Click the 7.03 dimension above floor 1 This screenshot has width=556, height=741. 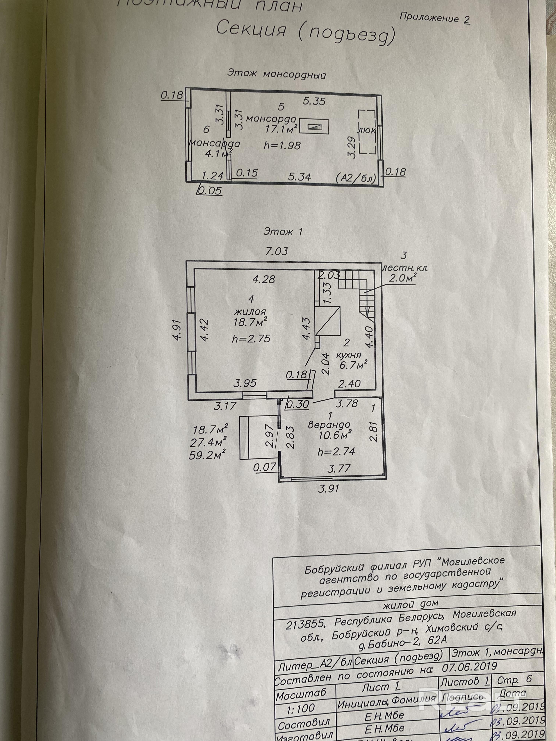pyautogui.click(x=277, y=251)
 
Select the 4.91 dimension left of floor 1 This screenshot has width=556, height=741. pyautogui.click(x=178, y=330)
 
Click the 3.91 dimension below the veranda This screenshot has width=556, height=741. pyautogui.click(x=328, y=488)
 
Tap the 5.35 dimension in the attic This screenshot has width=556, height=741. pyautogui.click(x=314, y=101)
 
